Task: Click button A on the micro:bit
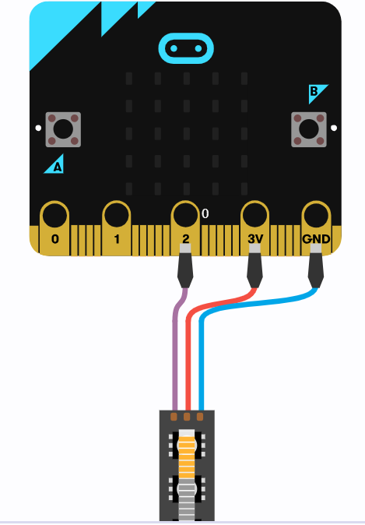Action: click(63, 129)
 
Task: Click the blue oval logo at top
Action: click(186, 48)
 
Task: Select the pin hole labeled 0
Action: click(54, 215)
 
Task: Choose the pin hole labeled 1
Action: click(117, 215)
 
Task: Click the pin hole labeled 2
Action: click(185, 215)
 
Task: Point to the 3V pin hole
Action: click(255, 215)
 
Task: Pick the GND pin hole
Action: click(316, 215)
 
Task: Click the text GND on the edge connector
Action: click(316, 238)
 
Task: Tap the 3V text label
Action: click(255, 238)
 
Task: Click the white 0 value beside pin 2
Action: click(205, 213)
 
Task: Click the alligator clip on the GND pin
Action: click(316, 266)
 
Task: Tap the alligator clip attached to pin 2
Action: click(185, 266)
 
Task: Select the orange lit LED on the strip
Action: click(187, 453)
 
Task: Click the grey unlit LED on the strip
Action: click(187, 499)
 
